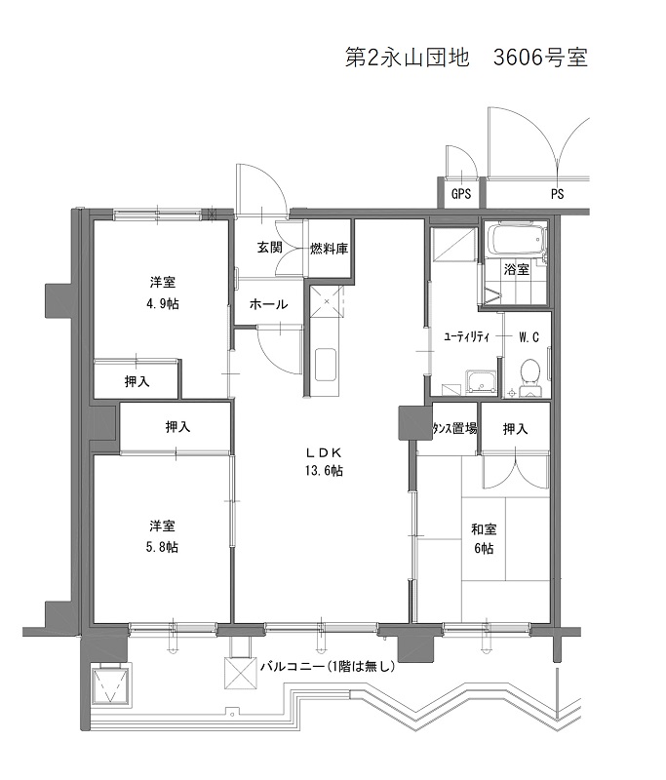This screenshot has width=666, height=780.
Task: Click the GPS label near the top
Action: pos(461,193)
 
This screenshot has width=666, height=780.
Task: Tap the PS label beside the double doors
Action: pos(557,194)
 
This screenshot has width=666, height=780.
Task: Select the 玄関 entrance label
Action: pos(269,247)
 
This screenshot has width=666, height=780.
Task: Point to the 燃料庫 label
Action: pos(329,249)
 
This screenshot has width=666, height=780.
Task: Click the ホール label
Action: pos(268,304)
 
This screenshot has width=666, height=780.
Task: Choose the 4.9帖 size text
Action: pos(163,303)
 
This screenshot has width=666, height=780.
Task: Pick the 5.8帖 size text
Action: pos(162,547)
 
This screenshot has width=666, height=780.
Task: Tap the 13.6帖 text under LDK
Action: pos(324,471)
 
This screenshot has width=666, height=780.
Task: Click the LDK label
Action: pos(324,452)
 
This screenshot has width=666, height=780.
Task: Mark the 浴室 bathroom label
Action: pos(516,269)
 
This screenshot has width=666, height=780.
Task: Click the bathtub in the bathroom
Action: pos(516,240)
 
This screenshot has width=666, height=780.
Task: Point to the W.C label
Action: pos(529,337)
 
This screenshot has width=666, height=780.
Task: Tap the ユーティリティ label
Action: pos(466,336)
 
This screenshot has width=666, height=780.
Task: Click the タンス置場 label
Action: pos(454,428)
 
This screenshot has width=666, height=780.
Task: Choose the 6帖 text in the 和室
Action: pos(484,548)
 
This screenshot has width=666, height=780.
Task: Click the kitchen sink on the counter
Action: pos(326,365)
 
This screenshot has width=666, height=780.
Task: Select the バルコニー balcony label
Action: pos(293,666)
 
